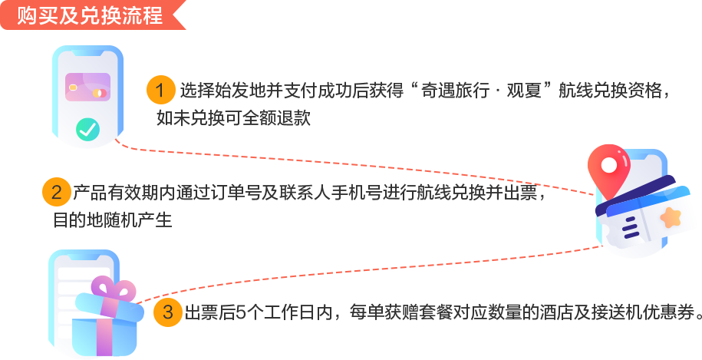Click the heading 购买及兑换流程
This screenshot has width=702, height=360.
pyautogui.click(x=90, y=16)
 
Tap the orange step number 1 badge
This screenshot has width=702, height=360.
pyautogui.click(x=160, y=91)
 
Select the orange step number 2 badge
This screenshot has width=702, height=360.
pyautogui.click(x=56, y=192)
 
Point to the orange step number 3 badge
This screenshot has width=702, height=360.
pyautogui.click(x=167, y=312)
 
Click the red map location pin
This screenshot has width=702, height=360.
pyautogui.click(x=609, y=166)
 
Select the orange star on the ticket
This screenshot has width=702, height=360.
pyautogui.click(x=671, y=217)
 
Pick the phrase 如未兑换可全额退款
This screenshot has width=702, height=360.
pyautogui.click(x=234, y=117)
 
